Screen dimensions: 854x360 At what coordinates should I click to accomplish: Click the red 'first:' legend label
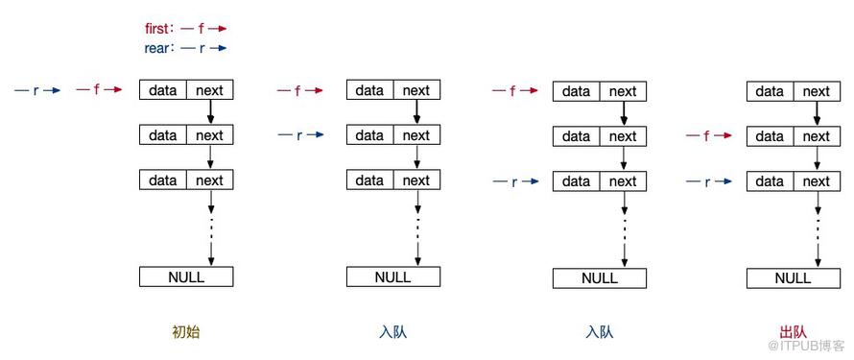coord(159,28)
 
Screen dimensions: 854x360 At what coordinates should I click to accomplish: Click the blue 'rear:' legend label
coord(159,48)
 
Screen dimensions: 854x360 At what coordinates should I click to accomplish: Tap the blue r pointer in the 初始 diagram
coord(37,90)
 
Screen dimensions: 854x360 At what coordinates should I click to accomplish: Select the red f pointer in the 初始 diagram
coord(99,90)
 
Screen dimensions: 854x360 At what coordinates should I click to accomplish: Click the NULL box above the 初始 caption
coord(186,276)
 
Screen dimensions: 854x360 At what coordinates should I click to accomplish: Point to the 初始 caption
coord(186,332)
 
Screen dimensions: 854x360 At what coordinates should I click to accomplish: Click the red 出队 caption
coord(793,332)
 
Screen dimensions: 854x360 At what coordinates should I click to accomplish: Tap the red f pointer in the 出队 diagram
coord(708,135)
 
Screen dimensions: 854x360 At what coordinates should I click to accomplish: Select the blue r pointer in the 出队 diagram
coord(708,181)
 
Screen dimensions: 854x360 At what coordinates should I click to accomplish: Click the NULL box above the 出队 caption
coord(793,278)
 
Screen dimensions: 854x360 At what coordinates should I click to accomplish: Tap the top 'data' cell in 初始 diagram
coord(163,90)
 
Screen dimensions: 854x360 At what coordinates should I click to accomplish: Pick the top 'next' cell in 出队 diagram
coord(817,91)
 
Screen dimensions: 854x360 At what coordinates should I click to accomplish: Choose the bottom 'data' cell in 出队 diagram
coord(770,181)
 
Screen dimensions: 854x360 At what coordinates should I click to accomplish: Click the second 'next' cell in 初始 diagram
coord(210,135)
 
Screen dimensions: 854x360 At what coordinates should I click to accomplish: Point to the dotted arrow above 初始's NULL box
coord(211,228)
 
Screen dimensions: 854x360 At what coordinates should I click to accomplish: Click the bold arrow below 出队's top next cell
coord(817,114)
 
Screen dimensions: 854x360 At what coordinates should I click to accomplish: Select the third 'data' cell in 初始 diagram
coord(163,180)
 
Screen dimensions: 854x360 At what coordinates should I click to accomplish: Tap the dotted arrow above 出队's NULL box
coord(818,229)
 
